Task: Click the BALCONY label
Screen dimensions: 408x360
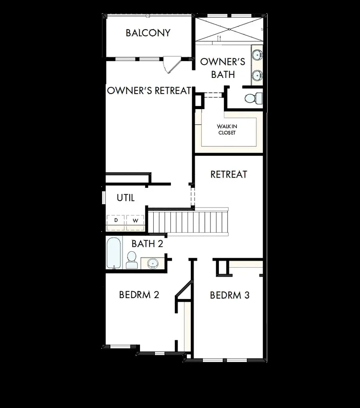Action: (148, 33)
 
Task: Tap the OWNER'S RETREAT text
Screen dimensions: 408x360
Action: (149, 91)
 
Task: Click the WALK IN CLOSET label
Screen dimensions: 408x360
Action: (227, 129)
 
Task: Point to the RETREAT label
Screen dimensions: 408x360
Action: (229, 174)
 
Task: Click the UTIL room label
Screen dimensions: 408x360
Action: (126, 198)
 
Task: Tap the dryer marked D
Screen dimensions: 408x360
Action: (116, 221)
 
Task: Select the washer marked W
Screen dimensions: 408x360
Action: (136, 221)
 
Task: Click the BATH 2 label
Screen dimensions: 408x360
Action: (147, 244)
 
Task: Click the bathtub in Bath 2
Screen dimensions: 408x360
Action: (114, 253)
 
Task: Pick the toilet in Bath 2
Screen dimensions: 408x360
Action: (132, 260)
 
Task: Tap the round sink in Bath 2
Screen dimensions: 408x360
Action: (152, 263)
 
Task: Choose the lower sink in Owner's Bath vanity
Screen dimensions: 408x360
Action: (257, 75)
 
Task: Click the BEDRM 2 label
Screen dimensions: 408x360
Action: (139, 295)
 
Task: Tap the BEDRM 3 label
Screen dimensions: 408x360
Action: (230, 295)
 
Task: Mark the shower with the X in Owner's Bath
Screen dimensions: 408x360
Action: (229, 29)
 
